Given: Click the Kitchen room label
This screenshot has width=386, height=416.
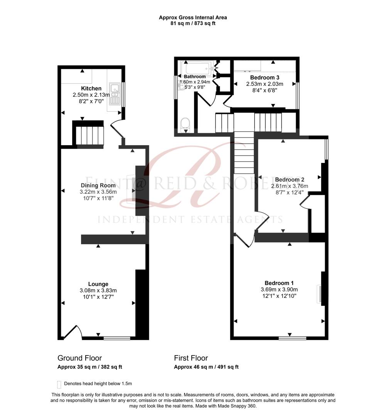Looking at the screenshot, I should pos(91,89).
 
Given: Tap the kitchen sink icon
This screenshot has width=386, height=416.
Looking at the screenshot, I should pos(115,94).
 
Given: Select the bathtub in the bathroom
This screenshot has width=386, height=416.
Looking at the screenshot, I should pos(199,69).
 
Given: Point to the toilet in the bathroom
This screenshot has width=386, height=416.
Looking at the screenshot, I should pos(186,124).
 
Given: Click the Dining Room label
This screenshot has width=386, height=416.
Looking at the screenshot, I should pos(98,185).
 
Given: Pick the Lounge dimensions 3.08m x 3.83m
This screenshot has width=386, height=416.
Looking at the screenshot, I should pos(98,290).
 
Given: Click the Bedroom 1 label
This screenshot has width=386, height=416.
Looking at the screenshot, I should pos(279,282).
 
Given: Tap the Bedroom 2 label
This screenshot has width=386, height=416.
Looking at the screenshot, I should pos(290,179).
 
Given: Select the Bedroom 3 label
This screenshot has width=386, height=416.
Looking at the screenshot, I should pos(265,77).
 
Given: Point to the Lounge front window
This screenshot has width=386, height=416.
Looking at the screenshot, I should pos(117,338).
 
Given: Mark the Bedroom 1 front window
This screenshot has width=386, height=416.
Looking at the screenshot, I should pos(292,338).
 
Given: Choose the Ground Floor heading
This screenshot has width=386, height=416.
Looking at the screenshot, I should pos(79,358).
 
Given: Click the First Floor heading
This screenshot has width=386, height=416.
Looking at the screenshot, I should pos(191,358).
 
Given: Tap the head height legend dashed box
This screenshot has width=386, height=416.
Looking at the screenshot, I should pos(59,384).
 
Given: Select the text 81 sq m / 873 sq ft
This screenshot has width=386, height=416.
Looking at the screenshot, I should pos(193,23).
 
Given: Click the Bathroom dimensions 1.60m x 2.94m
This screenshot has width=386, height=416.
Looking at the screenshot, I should pos(195,82).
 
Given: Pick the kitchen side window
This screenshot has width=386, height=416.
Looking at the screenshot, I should pos(123,94).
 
